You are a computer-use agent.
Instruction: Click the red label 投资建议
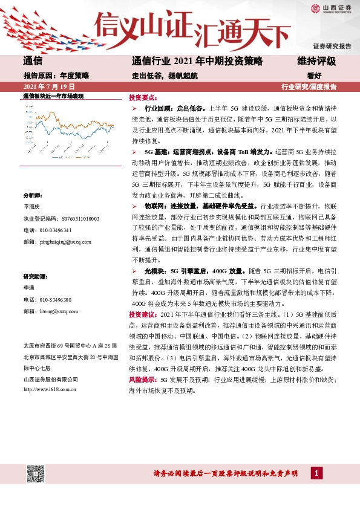(x=142, y=315)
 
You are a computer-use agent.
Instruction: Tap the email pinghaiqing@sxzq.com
(x=57, y=241)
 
